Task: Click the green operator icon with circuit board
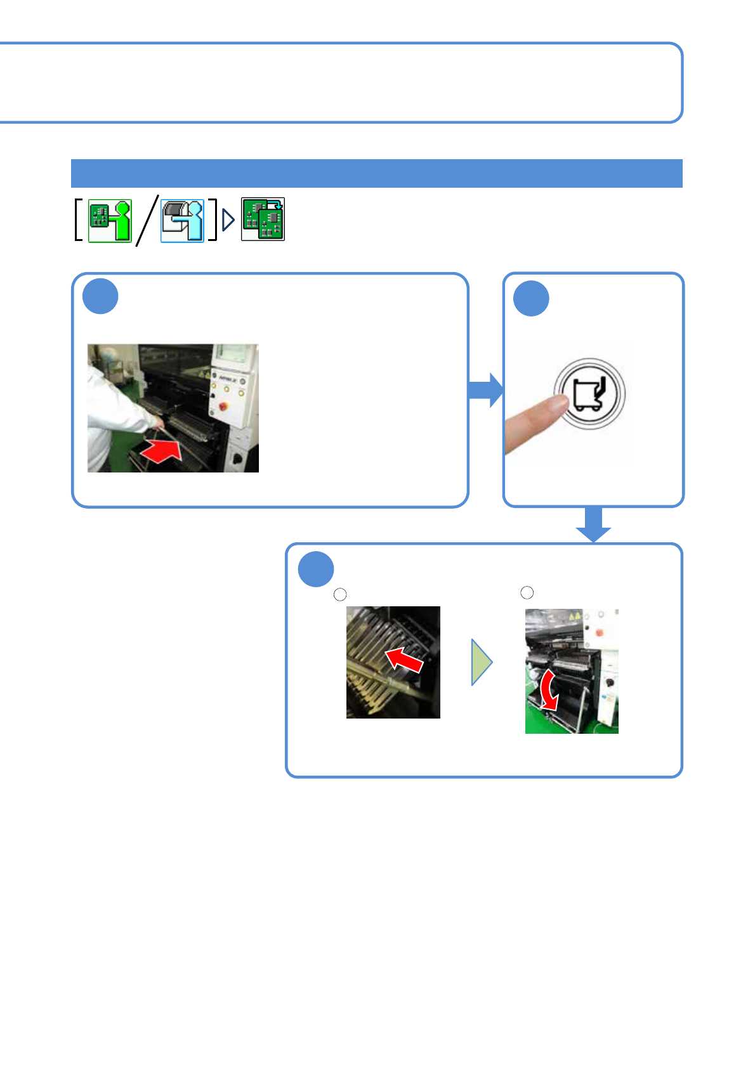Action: pos(110,221)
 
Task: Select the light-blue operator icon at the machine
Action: pos(183,221)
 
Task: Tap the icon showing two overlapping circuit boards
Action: pos(263,219)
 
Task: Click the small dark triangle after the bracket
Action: pos(228,220)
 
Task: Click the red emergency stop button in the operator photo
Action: pos(222,406)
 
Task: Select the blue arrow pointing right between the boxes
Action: pos(485,390)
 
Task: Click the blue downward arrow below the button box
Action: pos(593,525)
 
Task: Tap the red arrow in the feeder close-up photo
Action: pos(404,660)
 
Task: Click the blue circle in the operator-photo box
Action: pos(100,296)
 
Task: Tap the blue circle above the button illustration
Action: pos(531,298)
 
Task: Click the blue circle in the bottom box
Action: pos(316,569)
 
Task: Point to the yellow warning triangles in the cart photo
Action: pos(574,616)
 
